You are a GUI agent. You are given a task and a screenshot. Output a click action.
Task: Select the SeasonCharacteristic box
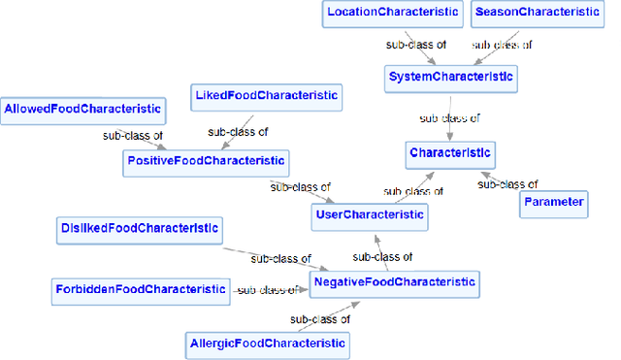(x=536, y=14)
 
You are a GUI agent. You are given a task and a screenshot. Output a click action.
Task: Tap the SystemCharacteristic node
(x=450, y=76)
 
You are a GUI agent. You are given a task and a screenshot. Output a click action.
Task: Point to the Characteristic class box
(x=451, y=152)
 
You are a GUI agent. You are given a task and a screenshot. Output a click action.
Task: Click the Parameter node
(x=553, y=202)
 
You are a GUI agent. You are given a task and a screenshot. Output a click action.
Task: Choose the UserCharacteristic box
(x=371, y=214)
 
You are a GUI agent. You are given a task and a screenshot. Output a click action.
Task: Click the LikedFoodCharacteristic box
(x=266, y=95)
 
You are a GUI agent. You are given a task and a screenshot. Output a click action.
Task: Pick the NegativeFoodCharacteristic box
(x=394, y=282)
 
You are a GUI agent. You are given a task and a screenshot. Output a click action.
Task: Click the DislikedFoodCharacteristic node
(x=137, y=229)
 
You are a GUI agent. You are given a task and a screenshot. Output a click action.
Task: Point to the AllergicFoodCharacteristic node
(x=266, y=343)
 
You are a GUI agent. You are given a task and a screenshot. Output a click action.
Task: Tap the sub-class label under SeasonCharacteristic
(x=502, y=45)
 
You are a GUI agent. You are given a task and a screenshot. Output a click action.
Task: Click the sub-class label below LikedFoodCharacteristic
(x=238, y=131)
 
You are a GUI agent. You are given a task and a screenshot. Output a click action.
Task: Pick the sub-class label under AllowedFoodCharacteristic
(x=134, y=136)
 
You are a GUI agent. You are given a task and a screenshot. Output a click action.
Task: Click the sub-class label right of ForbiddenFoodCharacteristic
(x=266, y=289)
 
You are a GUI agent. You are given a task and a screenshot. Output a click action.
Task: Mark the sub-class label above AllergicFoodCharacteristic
(x=320, y=317)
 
